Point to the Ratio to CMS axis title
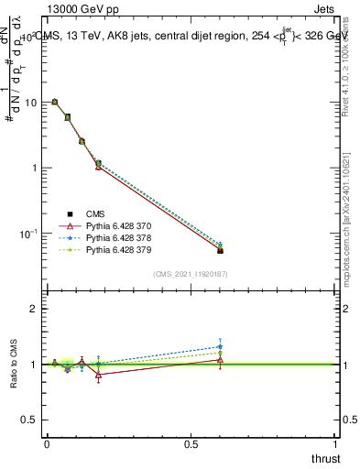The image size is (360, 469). tap(13, 364)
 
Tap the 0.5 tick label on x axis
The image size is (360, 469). tap(192, 443)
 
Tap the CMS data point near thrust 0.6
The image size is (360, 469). tap(220, 250)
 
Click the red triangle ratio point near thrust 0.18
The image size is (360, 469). tap(99, 375)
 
